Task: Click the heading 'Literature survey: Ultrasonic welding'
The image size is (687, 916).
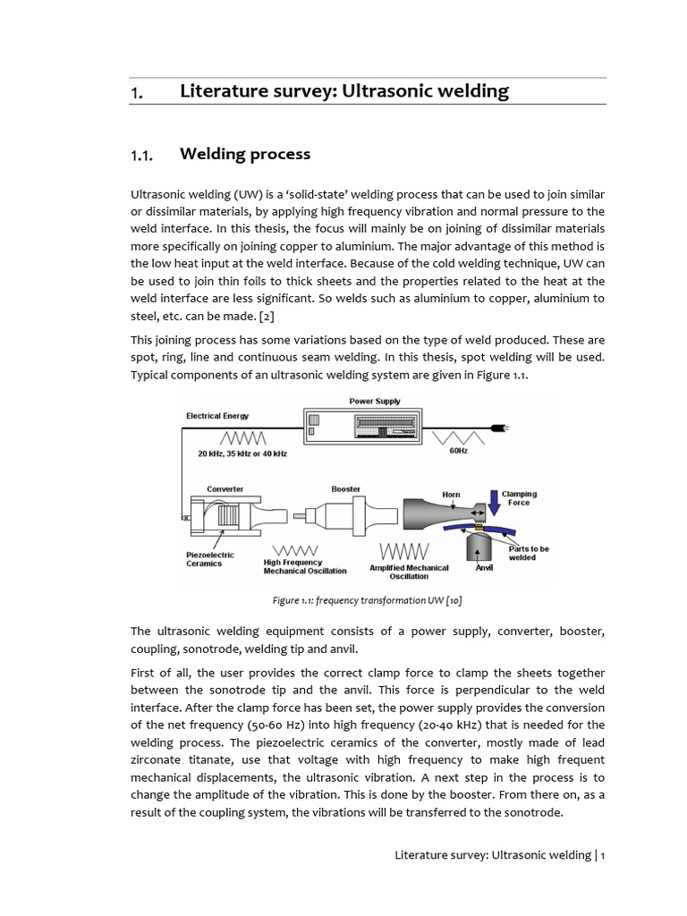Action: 344,91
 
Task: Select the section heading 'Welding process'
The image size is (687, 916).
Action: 245,154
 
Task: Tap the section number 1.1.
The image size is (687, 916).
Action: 143,156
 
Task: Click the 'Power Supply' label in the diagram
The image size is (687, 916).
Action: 375,402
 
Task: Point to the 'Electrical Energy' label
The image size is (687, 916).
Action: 217,416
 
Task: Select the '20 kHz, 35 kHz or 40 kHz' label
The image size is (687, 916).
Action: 242,454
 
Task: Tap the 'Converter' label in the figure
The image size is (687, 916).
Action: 225,489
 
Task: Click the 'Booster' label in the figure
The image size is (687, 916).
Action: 346,489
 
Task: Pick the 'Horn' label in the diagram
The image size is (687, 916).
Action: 452,494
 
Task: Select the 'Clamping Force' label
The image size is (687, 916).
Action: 519,498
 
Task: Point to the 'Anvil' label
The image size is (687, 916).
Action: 484,567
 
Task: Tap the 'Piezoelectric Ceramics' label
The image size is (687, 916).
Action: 210,559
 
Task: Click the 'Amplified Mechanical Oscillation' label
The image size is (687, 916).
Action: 409,572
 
